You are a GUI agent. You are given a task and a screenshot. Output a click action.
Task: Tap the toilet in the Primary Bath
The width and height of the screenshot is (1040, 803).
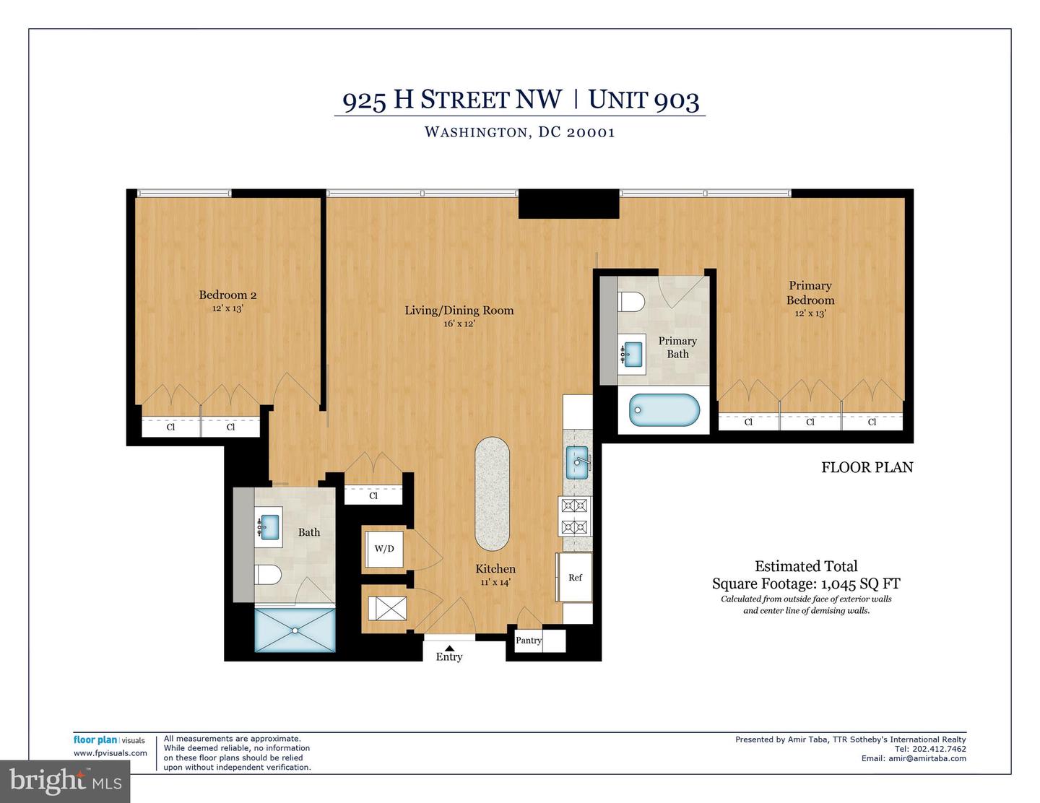pos(632,301)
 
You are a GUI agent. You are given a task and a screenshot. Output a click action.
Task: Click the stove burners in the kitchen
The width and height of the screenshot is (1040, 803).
pos(576,517)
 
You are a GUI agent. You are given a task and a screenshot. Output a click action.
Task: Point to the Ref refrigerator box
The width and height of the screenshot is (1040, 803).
pos(575,577)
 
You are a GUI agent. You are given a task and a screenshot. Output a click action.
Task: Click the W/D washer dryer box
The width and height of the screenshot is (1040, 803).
pos(384,549)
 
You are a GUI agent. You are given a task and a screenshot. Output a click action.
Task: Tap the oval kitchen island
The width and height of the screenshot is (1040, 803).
pos(493,492)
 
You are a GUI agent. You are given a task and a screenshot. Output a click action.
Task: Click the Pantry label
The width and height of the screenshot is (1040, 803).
pos(529,641)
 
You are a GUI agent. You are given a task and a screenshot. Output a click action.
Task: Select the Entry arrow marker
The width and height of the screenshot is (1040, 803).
pos(449,647)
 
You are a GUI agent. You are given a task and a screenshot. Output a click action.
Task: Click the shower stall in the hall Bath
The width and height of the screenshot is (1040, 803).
pos(295,630)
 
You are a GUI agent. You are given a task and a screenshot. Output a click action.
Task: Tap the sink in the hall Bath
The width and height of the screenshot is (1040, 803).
pos(269,526)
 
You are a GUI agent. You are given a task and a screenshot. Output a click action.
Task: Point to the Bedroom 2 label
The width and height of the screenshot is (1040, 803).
pos(227,295)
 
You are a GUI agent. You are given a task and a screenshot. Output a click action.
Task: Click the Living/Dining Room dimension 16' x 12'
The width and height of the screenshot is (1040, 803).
pos(459,324)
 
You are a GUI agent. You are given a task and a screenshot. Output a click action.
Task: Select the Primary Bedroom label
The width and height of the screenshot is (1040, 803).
pos(810,292)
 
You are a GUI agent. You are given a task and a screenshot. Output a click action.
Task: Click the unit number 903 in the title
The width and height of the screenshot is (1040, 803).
pos(676,100)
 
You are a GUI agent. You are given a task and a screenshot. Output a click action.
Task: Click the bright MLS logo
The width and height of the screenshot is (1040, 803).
pos(65,781)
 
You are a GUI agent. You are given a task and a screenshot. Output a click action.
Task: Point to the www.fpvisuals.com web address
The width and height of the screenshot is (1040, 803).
pos(110,753)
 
